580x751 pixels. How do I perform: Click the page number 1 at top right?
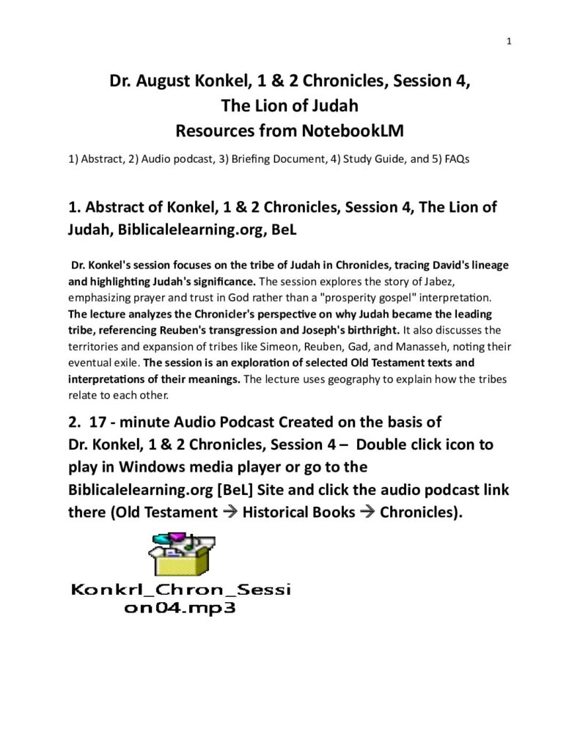coord(508,41)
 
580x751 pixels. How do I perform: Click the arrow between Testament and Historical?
coord(229,511)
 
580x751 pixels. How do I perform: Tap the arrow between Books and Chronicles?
coord(367,511)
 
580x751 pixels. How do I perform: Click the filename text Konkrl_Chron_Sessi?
coord(180,590)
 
